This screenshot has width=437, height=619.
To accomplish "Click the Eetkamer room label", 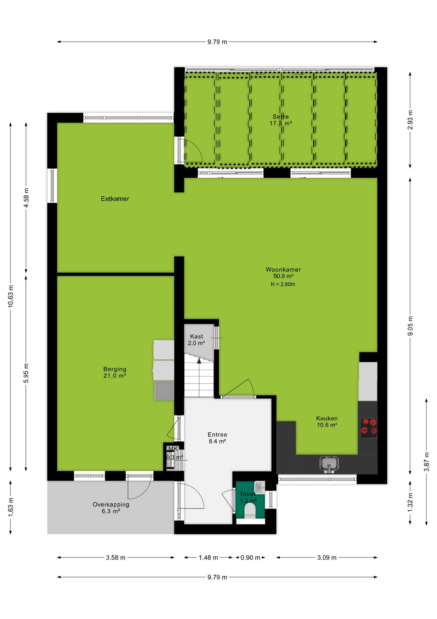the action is (115, 199).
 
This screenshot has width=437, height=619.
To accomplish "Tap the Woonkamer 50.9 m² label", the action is (283, 273).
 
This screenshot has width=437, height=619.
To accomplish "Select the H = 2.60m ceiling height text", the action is (283, 284).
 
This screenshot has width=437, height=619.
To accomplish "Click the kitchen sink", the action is (329, 464).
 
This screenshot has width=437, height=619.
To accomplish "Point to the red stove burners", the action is (368, 426).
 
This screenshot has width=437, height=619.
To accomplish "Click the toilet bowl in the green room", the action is (250, 511).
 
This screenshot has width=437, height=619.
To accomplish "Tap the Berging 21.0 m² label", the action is (115, 372).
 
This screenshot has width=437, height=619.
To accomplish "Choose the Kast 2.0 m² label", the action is (197, 340).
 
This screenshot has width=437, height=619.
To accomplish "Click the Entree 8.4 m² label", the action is (218, 438).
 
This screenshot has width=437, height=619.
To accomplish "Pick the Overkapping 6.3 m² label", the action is (111, 508).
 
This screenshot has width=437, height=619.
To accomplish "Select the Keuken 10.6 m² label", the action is (327, 422).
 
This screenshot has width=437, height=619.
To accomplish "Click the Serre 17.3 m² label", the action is (281, 120).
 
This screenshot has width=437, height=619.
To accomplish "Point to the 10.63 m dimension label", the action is (11, 296).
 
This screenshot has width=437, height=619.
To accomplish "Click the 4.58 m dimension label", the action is (26, 198).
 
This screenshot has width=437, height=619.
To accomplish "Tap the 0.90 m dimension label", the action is (250, 558).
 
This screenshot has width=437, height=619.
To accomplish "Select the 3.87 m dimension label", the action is (426, 462).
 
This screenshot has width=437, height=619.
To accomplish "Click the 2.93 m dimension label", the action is (410, 120).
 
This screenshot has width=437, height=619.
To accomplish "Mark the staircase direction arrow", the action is (199, 377).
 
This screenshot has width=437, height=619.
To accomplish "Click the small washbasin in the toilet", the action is (260, 487).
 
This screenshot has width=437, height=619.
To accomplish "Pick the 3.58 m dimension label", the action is (116, 558).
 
